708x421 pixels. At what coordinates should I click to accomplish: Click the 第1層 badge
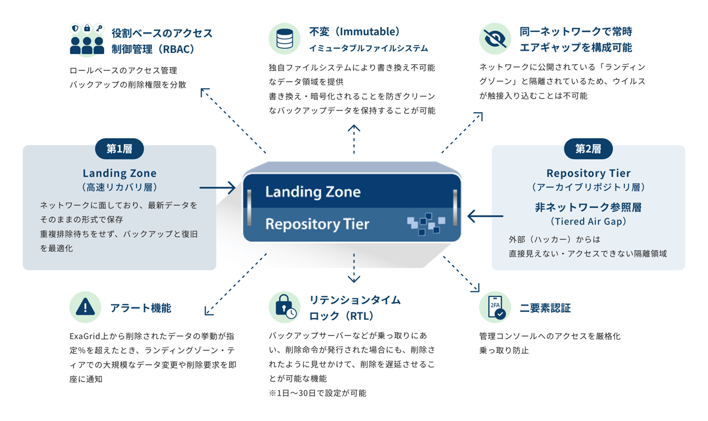(x=120, y=148)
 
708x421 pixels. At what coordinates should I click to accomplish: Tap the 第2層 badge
(x=588, y=148)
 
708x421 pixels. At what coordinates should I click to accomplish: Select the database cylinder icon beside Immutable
(x=285, y=39)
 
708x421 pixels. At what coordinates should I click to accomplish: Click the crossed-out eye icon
(x=495, y=39)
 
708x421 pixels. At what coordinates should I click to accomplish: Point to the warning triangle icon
(x=85, y=307)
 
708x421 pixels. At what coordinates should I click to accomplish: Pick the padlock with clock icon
(x=285, y=307)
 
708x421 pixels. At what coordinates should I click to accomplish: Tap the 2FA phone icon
(x=495, y=307)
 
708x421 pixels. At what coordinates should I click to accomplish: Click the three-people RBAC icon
(x=87, y=39)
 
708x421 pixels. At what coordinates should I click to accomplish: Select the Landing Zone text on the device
(x=313, y=192)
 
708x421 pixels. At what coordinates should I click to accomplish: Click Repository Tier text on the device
(x=318, y=224)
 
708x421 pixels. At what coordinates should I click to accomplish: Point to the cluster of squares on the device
(x=426, y=224)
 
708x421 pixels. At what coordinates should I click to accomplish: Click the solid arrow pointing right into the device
(x=217, y=188)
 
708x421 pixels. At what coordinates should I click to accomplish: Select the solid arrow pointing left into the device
(x=485, y=216)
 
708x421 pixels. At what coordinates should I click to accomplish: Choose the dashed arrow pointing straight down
(x=354, y=268)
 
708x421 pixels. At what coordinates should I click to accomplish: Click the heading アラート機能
(x=141, y=308)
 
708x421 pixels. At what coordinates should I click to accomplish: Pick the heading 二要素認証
(x=545, y=308)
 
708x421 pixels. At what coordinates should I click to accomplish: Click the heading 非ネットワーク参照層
(x=588, y=207)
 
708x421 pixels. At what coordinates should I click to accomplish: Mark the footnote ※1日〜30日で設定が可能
(x=318, y=393)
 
